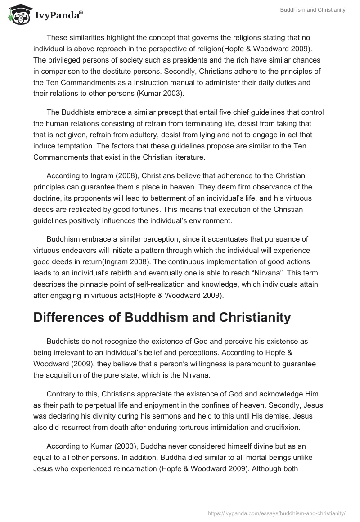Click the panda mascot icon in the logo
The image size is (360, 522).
tap(18, 15)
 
